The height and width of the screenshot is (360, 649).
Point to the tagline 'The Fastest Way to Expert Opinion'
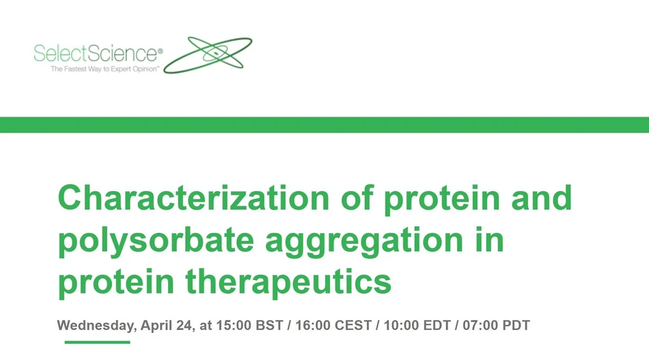coord(105,70)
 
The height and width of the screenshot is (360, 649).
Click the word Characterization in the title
coord(193,199)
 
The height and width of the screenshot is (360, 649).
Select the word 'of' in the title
coord(357,199)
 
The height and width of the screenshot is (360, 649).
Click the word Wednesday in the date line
coord(96,325)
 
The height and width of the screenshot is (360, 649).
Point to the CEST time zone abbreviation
coord(353,325)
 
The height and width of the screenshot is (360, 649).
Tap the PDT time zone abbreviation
coord(515,325)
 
